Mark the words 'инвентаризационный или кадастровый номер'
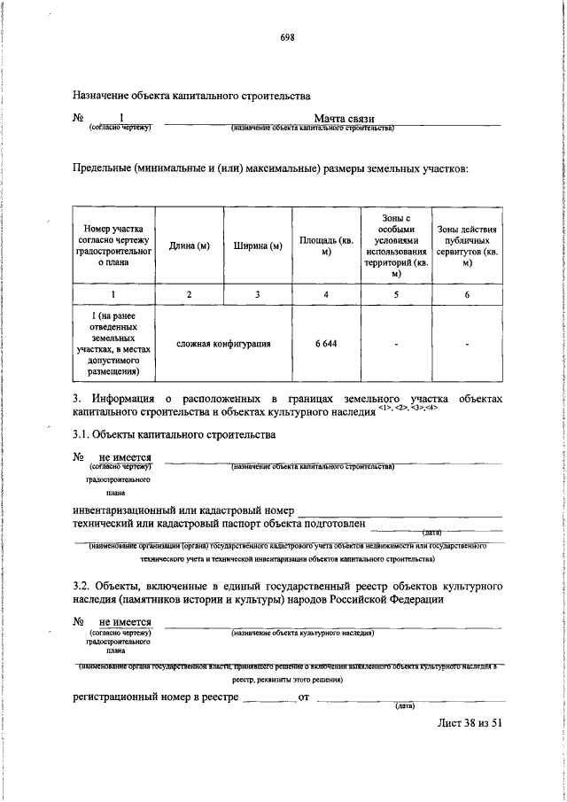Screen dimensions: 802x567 (x=183, y=510)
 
